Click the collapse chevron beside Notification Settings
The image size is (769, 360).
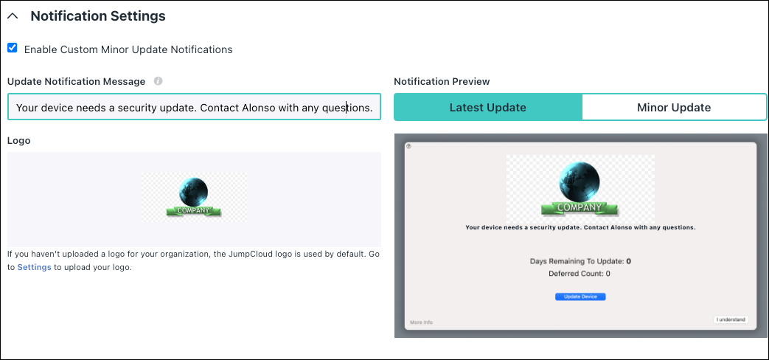coord(13,16)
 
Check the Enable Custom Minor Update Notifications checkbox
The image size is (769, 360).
coord(13,48)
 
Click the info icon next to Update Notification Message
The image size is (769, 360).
coord(158,81)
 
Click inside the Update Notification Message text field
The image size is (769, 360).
coord(194,107)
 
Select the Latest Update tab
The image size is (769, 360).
coord(488,108)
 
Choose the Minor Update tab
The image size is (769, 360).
coord(674,108)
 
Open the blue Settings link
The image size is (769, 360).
coord(35,268)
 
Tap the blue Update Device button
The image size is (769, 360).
coord(580,297)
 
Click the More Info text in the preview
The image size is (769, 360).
coord(421,322)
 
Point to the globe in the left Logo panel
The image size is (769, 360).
coord(193,192)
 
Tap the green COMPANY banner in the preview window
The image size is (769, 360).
coord(580,208)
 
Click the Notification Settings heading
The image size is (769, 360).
coord(98,16)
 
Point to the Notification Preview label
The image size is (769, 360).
coord(442,81)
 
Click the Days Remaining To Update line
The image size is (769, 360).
coord(580,261)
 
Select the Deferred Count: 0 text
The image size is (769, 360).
coord(580,274)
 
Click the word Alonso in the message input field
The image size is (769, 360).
coord(259,108)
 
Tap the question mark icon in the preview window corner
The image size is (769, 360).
coord(409,146)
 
